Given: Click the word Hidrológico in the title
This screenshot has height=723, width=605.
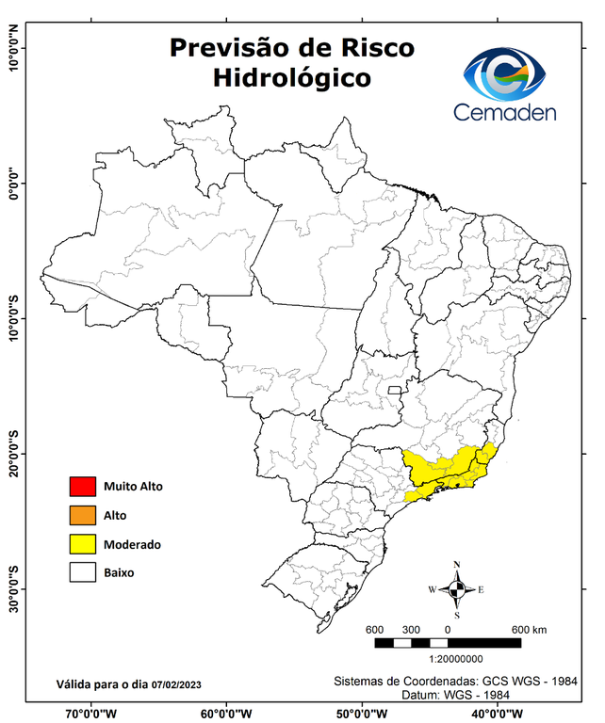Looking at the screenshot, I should (291, 77).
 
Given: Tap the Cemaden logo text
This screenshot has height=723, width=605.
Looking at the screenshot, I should (504, 113).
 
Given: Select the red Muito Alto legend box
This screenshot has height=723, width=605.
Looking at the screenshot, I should (83, 487).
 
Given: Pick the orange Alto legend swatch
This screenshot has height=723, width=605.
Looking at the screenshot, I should (83, 515).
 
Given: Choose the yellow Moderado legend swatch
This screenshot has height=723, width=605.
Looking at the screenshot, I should (83, 543).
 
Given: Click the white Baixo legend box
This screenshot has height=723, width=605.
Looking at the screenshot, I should (83, 571).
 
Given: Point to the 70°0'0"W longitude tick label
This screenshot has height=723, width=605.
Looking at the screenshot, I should (91, 713).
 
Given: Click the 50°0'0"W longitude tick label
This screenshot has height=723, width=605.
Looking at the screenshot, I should (359, 713).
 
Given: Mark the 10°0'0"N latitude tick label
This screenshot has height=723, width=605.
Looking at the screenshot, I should (13, 49).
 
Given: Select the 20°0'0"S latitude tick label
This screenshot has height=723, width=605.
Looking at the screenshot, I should (13, 454).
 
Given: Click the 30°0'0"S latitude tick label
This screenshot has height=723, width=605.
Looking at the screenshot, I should (13, 588).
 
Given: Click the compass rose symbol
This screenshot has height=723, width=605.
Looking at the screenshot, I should (456, 589).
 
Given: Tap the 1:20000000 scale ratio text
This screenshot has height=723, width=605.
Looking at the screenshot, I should (457, 661).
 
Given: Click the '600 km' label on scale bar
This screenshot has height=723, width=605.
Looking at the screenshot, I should (530, 630).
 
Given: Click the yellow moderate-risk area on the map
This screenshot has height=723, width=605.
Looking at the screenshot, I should (443, 468).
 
